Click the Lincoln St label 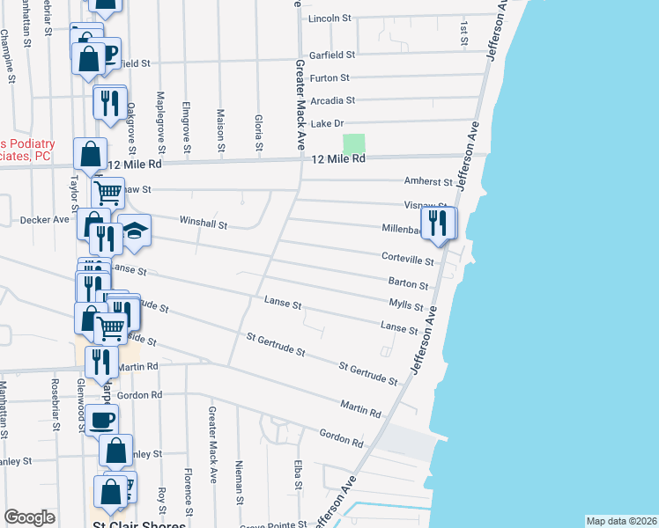(329, 18)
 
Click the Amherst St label (428, 182)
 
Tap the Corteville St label (408, 261)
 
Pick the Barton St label (408, 285)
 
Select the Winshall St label (204, 224)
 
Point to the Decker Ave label (44, 219)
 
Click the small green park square (353, 144)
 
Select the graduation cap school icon (134, 231)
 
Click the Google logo (29, 517)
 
